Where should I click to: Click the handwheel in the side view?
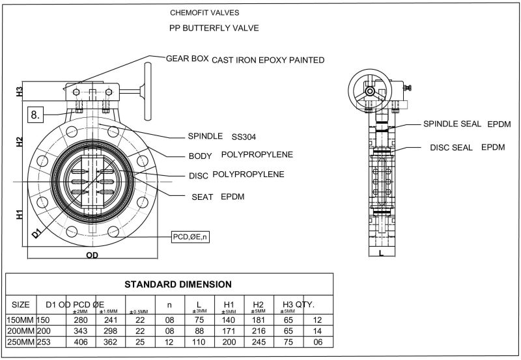(369, 89)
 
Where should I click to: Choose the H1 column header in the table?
(229, 304)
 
